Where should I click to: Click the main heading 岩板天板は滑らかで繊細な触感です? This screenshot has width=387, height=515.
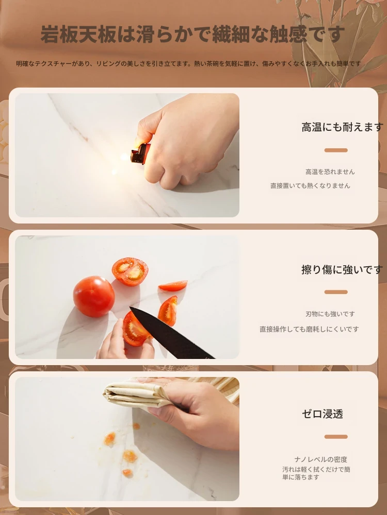point(193,34)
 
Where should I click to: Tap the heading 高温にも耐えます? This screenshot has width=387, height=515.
point(343,127)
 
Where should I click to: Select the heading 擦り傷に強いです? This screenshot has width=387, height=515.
point(342,269)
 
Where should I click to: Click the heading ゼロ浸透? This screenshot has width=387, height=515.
point(322,414)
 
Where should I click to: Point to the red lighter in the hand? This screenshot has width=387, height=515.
point(140,153)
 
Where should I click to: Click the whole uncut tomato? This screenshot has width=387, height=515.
point(94,296)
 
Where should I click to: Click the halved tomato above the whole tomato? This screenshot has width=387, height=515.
point(130,271)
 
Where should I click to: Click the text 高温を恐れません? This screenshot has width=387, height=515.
point(330,172)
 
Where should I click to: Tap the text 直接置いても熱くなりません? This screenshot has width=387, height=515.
point(310,185)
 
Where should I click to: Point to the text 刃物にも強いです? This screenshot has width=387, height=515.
point(330,314)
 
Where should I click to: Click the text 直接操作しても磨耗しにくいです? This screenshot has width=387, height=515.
point(309,329)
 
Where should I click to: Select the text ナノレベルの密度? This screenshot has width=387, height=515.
point(321,459)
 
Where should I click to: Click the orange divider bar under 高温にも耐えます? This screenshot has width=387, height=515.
point(336,150)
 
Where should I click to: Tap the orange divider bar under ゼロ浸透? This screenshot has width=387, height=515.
point(336,437)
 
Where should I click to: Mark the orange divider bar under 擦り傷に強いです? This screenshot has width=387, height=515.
point(336,292)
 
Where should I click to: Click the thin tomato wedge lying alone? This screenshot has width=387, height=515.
point(173,286)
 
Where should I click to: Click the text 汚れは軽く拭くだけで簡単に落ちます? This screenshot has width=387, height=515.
point(316,473)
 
